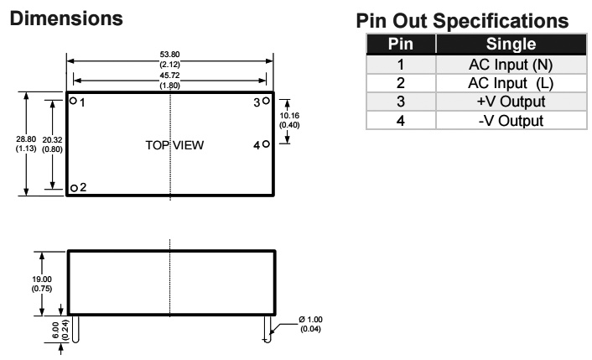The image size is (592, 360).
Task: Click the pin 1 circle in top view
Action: coord(74,102)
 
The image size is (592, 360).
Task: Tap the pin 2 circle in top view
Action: coord(74,188)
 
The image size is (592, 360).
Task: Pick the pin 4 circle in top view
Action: coord(266,144)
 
